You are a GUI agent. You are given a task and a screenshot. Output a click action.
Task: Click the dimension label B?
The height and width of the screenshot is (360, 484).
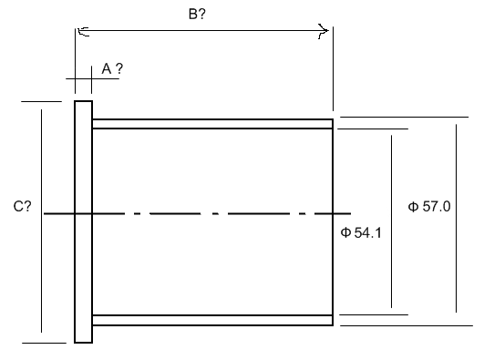pyautogui.click(x=197, y=15)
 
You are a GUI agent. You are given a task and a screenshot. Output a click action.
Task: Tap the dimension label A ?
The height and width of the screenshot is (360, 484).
pyautogui.click(x=112, y=68)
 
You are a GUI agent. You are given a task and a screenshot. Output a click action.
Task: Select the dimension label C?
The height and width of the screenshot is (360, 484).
pyautogui.click(x=22, y=206)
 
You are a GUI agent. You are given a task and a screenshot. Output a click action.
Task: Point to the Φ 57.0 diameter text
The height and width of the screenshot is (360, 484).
pyautogui.click(x=429, y=206)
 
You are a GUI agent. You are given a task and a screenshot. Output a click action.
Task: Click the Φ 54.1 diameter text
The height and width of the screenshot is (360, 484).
pyautogui.click(x=361, y=232)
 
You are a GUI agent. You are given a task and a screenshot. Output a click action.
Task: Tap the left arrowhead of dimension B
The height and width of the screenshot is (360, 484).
pyautogui.click(x=83, y=31)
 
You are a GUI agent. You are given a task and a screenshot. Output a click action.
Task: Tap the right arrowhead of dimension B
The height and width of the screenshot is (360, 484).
pyautogui.click(x=324, y=31)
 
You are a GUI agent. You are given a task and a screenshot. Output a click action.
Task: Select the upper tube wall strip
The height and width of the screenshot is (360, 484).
pyautogui.click(x=212, y=124)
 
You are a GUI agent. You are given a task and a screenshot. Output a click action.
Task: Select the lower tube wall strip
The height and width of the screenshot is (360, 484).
pyautogui.click(x=212, y=320)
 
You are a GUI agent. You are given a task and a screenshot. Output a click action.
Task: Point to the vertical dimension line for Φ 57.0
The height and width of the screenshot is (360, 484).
pyautogui.click(x=457, y=219)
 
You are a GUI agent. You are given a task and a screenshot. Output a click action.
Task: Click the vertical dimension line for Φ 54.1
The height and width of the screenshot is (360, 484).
pyautogui.click(x=391, y=221)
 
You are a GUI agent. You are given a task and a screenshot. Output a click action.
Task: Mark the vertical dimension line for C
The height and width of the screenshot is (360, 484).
pyautogui.click(x=41, y=221)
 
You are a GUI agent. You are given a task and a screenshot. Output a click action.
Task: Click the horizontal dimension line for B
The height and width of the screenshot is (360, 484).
pyautogui.click(x=203, y=31)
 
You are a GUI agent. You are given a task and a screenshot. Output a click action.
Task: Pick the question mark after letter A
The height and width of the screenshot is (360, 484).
pyautogui.click(x=118, y=68)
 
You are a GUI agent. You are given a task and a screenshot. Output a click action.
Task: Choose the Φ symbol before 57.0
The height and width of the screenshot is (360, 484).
pyautogui.click(x=413, y=207)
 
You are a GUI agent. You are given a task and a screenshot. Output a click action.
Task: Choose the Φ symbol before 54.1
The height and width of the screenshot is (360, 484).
pyautogui.click(x=345, y=232)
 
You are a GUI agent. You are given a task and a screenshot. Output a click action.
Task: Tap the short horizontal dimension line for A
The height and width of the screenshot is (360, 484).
pyautogui.click(x=92, y=79)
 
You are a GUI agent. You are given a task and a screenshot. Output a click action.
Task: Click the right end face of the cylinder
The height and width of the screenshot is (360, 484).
pyautogui.click(x=333, y=222)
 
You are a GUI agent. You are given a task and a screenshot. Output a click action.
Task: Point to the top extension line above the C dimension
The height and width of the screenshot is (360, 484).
pyautogui.click(x=41, y=101)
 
